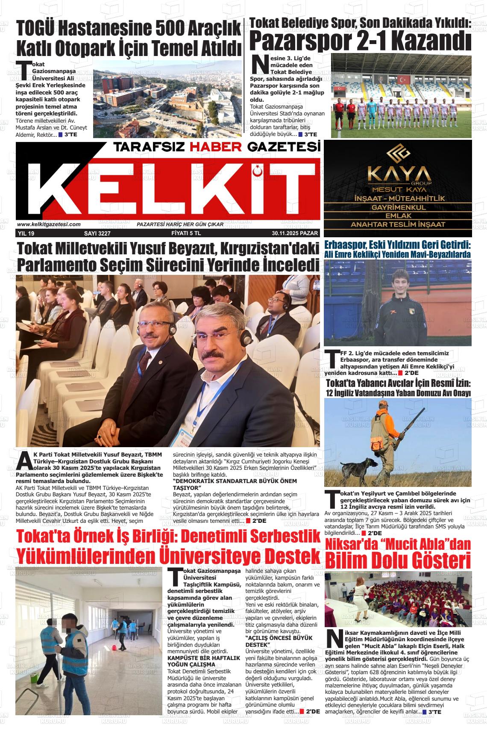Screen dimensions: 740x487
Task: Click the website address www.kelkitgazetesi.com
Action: click(x=49, y=224)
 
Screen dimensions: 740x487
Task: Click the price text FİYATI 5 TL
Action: click(x=183, y=233)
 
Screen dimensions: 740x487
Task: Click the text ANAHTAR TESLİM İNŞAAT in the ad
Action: click(x=398, y=224)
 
